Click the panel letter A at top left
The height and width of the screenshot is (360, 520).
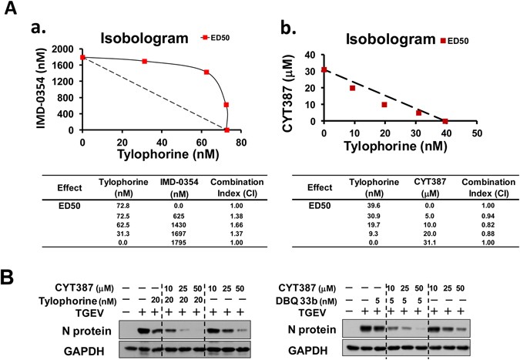(12, 10)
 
